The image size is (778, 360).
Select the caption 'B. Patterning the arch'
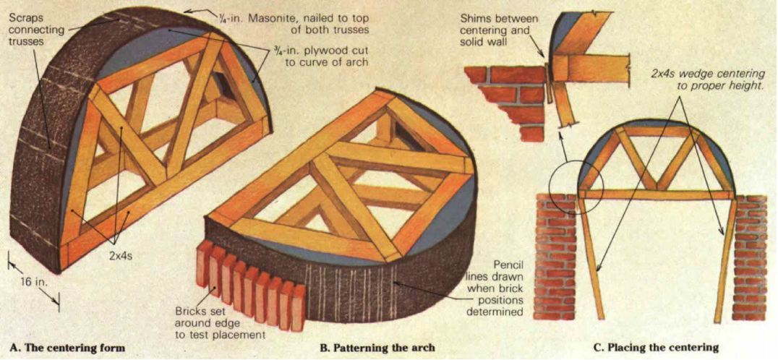[x=377, y=347]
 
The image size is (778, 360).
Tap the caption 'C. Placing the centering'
[x=656, y=347]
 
